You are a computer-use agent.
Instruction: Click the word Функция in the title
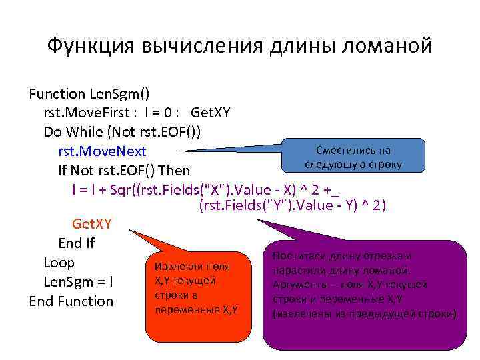tap(88, 46)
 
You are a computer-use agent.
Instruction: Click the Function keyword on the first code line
tap(57, 94)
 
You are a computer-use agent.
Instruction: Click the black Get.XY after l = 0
tap(210, 113)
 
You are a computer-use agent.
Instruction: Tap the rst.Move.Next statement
tap(102, 151)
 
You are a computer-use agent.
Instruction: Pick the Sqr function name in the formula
tap(120, 188)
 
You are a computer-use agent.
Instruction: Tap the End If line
tap(77, 243)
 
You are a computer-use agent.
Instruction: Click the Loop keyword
tap(59, 262)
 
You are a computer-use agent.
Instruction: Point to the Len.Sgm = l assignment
tap(78, 281)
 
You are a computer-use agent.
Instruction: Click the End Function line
tap(71, 301)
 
